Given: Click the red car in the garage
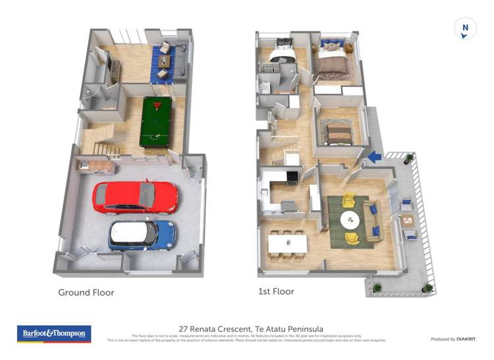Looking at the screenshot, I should [x=135, y=197].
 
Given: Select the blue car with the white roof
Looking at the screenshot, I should [x=142, y=235].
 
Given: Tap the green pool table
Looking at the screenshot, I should [x=158, y=122].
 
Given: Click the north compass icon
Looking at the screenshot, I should [x=465, y=28].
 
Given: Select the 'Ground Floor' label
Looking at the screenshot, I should [x=86, y=292].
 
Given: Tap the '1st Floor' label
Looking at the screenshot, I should [x=277, y=291].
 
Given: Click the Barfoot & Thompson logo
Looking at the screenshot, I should [x=54, y=334].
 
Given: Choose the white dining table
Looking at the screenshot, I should [x=287, y=244].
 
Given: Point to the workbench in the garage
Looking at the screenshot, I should [x=94, y=166].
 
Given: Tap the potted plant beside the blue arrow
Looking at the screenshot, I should [x=409, y=159].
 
